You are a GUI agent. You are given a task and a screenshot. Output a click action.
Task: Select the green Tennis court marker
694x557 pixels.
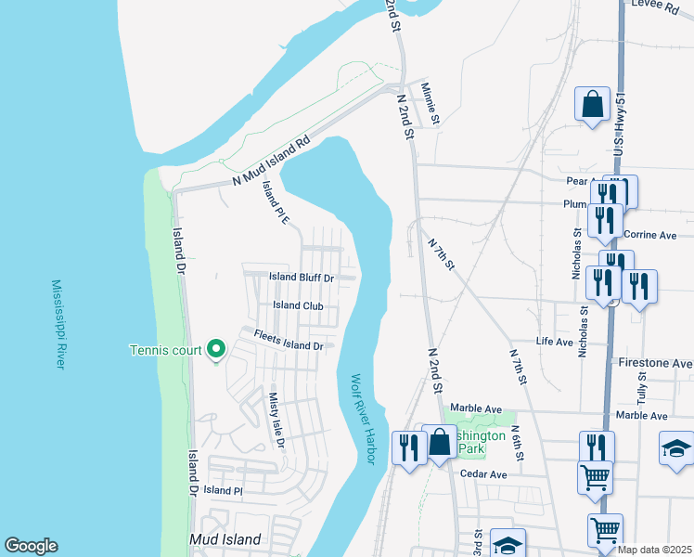point(216,349)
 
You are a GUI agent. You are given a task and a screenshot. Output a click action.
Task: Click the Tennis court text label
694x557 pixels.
point(164,350)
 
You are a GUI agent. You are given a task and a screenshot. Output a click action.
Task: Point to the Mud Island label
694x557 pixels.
point(225,539)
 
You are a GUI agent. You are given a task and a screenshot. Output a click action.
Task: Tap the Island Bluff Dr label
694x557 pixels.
point(302,277)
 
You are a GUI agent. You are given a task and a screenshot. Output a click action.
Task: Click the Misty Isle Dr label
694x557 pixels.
point(276,419)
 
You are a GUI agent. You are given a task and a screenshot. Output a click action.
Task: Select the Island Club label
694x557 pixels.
point(298,305)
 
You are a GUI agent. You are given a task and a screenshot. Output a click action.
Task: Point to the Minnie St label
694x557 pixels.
point(430,103)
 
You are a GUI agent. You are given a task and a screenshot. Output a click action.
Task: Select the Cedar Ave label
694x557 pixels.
point(484,474)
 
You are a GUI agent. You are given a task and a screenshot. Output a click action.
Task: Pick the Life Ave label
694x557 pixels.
point(555,342)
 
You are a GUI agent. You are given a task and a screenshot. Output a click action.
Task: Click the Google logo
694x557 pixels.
point(31,546)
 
